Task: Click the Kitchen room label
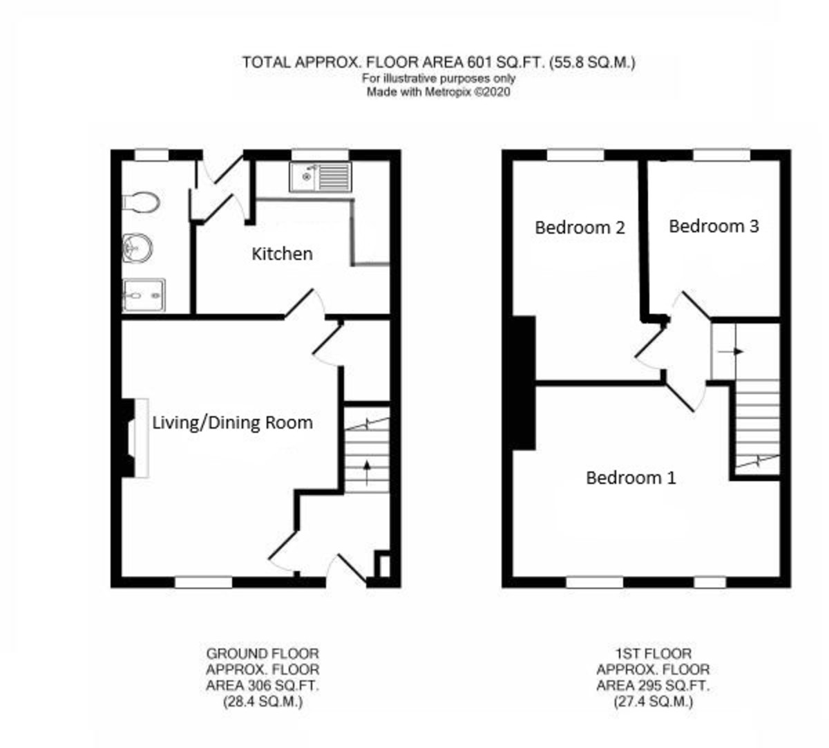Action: (282, 254)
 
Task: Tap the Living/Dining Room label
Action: (232, 422)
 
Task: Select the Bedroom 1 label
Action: (631, 478)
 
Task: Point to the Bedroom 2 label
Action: (580, 227)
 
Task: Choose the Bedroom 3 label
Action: (714, 226)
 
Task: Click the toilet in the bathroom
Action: (142, 202)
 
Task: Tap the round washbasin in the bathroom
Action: (137, 248)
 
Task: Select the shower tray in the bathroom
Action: (144, 296)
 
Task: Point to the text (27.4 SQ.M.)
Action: (653, 702)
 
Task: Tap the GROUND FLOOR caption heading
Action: (263, 653)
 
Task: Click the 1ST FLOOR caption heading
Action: (653, 653)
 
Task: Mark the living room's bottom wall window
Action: (203, 583)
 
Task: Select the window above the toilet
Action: (151, 155)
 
